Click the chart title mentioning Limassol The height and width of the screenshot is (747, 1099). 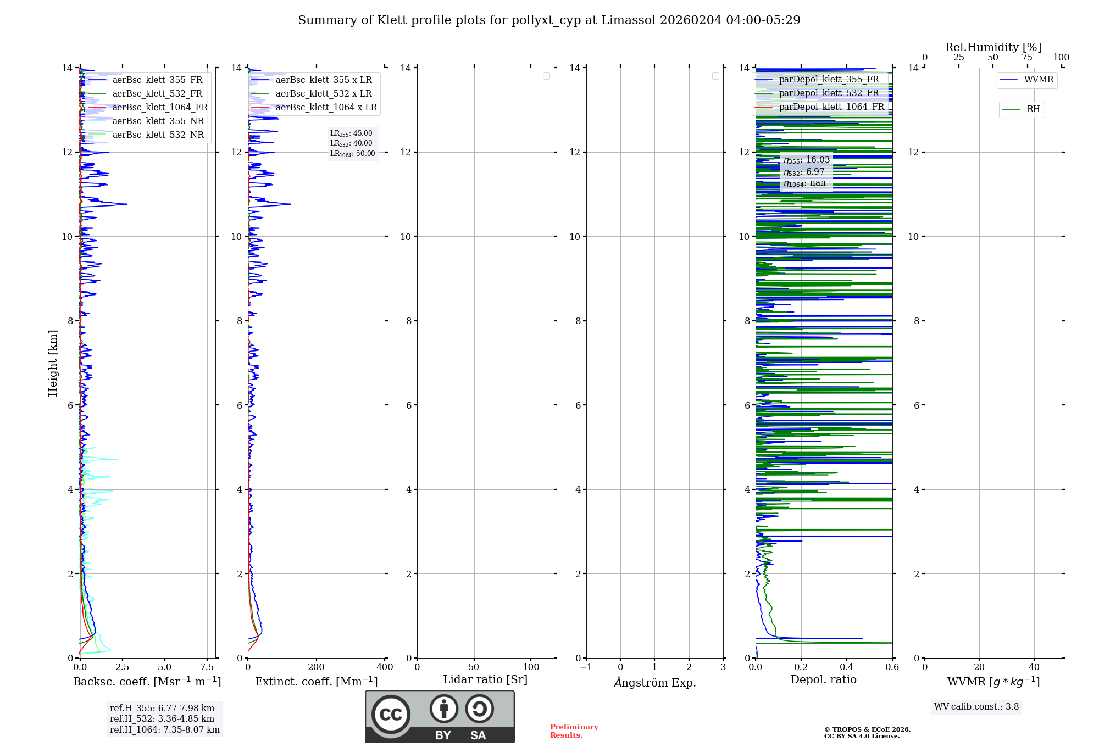click(549, 20)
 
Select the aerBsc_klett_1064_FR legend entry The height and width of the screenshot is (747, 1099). click(159, 107)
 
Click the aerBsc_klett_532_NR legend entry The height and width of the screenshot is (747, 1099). click(158, 135)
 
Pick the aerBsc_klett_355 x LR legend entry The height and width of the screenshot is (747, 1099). click(323, 80)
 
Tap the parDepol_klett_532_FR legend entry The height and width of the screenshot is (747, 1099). click(829, 93)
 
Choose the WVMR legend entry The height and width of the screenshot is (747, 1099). click(1038, 80)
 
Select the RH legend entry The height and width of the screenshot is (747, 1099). click(1033, 109)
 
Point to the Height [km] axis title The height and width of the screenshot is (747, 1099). click(53, 363)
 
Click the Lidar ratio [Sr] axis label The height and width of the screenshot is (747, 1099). click(485, 679)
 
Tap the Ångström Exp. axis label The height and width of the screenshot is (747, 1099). click(654, 682)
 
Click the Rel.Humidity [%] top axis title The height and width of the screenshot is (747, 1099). click(993, 47)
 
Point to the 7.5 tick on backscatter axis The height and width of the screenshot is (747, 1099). click(207, 667)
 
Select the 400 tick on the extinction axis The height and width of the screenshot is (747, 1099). click(385, 667)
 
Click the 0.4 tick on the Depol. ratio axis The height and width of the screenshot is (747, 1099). click(847, 667)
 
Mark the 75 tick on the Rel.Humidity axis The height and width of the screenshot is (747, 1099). click(1026, 58)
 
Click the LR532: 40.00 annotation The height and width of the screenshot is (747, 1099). click(351, 143)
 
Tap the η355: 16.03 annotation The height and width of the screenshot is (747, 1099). click(806, 160)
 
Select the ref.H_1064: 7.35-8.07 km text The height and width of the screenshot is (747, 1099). click(164, 729)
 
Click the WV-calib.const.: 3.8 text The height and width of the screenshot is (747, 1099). click(976, 706)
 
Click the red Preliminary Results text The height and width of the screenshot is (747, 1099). click(574, 731)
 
